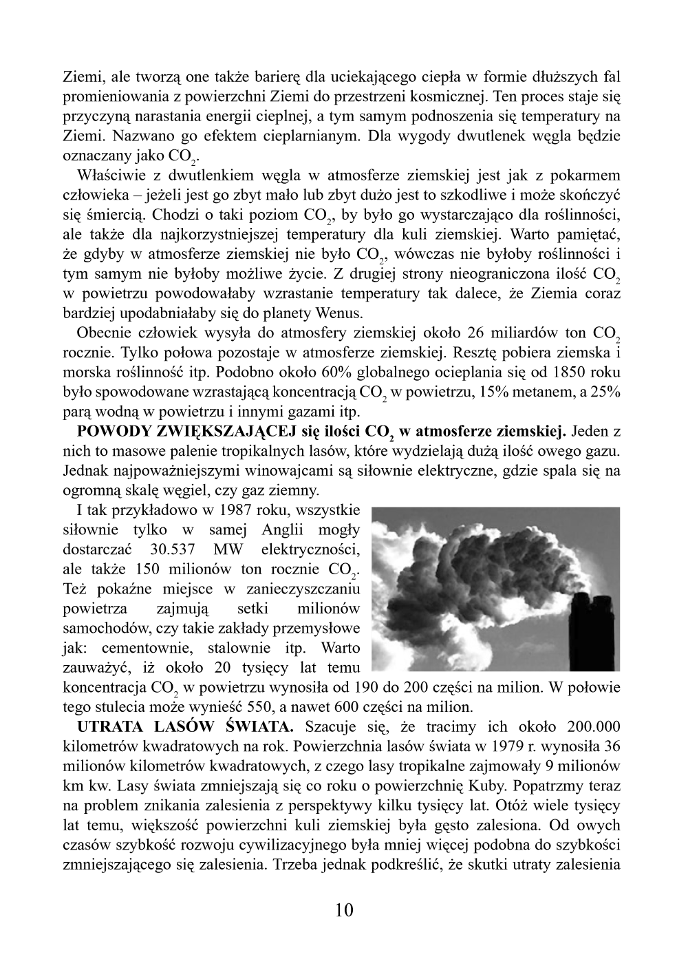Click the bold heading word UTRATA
(107, 726)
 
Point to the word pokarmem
(590, 175)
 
